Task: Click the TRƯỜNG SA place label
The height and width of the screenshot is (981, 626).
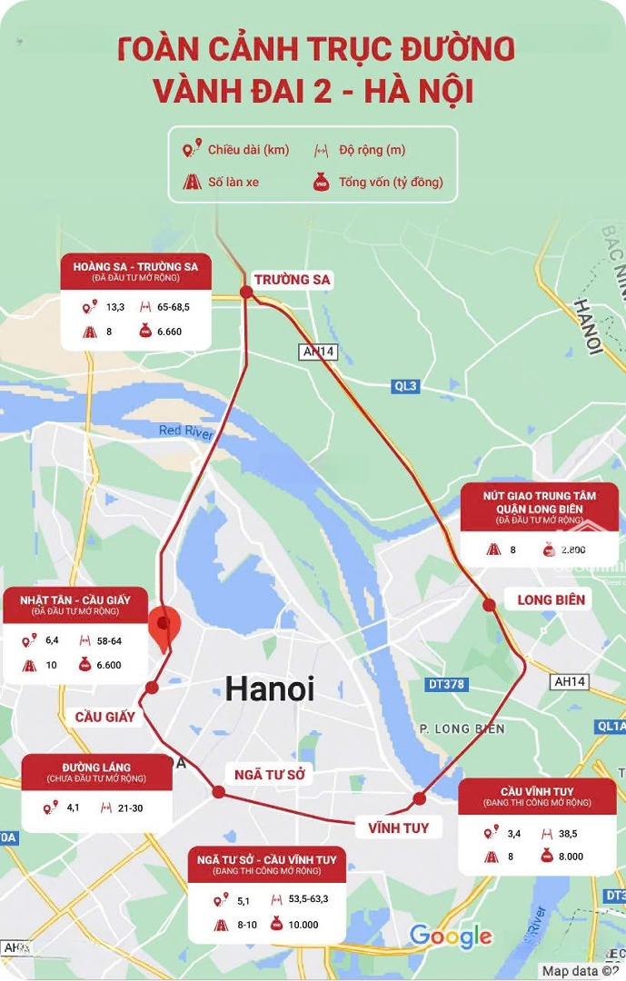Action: point(293,279)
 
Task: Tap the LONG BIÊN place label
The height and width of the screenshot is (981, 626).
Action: point(551,599)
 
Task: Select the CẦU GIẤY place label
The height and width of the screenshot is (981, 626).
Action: point(105,717)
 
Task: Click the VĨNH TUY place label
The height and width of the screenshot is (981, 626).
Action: point(398,827)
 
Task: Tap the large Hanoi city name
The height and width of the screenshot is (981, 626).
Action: point(270,689)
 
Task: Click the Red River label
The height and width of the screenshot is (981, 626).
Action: point(185,431)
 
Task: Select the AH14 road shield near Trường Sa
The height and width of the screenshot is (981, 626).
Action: point(319,352)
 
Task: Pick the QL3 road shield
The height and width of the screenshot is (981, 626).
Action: point(406,386)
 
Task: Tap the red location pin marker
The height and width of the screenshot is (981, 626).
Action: point(164,627)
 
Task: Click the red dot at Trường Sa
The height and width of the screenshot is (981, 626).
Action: point(246,292)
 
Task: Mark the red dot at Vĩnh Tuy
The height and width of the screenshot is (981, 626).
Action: point(420,799)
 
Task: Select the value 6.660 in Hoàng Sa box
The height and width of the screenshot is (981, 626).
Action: point(169,332)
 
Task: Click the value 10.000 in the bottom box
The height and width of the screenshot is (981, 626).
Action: point(303,925)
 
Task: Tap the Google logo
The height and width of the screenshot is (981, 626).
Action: point(451,936)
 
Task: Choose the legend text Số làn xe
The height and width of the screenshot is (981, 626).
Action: point(234,182)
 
